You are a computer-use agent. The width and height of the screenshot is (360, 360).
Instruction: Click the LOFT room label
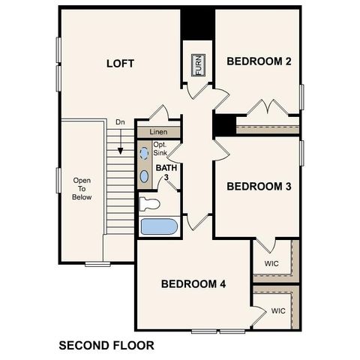coord(120,63)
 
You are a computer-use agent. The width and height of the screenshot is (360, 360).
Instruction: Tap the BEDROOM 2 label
coord(259,61)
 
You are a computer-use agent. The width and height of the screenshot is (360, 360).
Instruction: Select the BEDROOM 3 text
coord(259,186)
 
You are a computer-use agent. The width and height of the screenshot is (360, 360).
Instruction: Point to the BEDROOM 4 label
coord(193,283)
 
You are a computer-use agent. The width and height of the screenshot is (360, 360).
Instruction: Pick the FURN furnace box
coord(199,65)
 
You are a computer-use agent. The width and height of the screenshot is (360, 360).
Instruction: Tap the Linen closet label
coord(157,132)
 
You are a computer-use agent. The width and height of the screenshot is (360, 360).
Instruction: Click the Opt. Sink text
coord(160,148)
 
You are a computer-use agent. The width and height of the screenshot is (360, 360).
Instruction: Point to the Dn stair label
coord(120,122)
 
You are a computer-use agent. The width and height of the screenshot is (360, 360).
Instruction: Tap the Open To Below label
coord(82,189)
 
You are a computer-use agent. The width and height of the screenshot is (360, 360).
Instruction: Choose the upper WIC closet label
coord(271,265)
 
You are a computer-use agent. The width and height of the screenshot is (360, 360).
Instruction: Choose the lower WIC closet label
coord(278,310)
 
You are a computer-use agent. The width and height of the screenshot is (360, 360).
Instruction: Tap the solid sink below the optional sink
coord(145,176)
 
